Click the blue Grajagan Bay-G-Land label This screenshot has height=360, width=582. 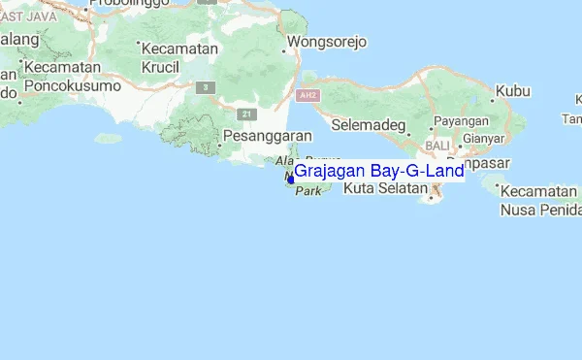point(378,172)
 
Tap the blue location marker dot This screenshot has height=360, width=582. point(290,179)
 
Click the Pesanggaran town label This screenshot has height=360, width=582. point(267,136)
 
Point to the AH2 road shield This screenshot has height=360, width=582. point(308,96)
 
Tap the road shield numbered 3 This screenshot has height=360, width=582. point(204,87)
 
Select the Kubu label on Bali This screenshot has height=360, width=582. point(513,92)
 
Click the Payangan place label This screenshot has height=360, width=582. point(462,120)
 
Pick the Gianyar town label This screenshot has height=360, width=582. point(484,138)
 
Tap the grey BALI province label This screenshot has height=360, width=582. point(437,145)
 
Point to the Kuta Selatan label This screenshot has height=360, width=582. point(385,188)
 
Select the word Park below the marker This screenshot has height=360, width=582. point(307,192)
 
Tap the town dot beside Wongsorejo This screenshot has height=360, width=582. point(284,44)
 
